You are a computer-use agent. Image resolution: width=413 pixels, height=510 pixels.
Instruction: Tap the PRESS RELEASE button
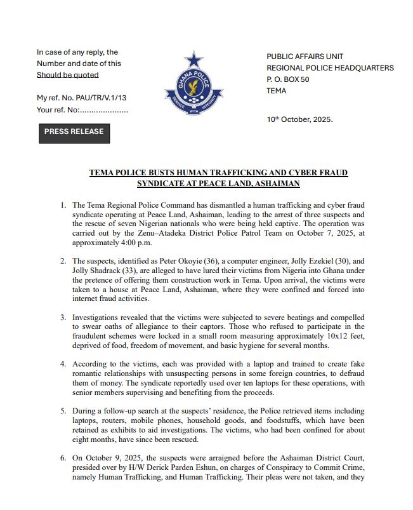74,132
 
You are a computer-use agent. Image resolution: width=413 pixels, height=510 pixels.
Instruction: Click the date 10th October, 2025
299,119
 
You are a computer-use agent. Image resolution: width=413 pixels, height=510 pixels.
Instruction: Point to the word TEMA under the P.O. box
277,91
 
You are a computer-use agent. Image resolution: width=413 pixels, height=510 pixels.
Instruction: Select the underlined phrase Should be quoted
68,75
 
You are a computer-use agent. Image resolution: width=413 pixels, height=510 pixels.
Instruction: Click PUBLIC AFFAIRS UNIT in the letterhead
305,57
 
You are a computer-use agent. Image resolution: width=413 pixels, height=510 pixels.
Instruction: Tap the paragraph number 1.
63,205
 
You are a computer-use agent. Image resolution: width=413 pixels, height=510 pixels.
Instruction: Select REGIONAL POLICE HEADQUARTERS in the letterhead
330,68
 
